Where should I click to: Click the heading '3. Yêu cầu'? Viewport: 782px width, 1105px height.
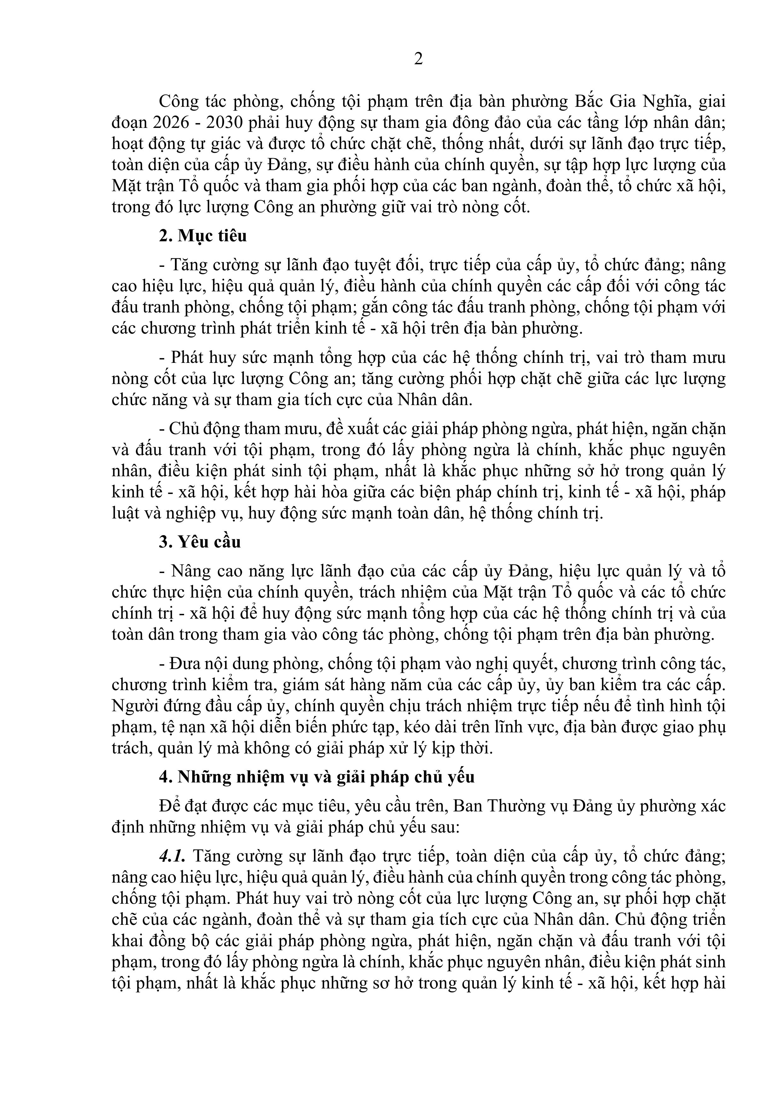pos(200,542)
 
